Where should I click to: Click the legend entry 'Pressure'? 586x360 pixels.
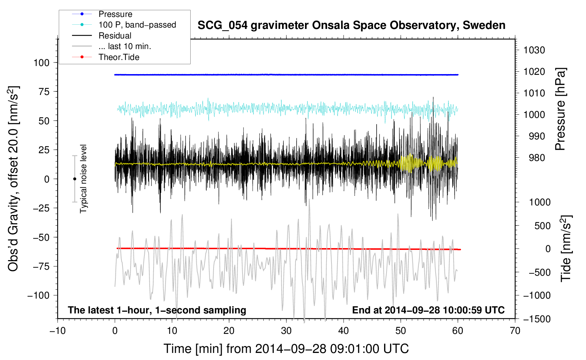115,14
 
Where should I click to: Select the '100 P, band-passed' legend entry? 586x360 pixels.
137,25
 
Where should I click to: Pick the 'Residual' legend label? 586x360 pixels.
115,36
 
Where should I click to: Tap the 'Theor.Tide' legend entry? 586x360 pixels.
119,57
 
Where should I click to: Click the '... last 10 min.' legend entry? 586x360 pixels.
125,46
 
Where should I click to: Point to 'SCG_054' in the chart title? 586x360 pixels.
222,26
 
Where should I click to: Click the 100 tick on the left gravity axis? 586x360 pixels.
41,63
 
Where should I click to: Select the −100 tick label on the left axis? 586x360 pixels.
38,295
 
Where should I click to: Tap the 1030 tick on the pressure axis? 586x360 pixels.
534,50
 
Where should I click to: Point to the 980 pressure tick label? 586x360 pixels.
537,158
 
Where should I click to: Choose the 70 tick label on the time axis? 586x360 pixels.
515,331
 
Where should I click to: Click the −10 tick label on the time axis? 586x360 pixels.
58,331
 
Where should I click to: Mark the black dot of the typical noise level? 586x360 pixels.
74,179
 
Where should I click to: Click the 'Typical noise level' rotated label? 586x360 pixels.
83,179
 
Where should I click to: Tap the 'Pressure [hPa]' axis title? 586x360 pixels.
560,109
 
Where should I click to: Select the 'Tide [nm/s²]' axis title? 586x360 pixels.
566,248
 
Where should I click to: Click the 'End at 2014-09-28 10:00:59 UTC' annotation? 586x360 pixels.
428,310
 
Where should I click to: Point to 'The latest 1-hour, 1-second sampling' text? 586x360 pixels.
157,310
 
